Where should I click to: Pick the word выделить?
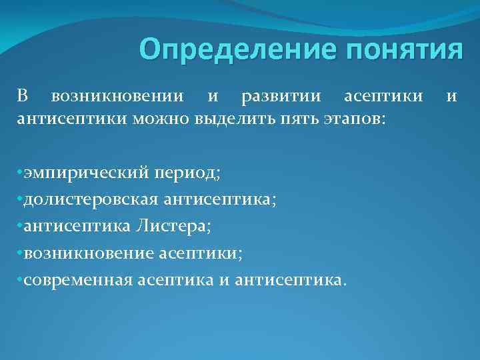227,119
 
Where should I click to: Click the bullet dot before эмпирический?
19,173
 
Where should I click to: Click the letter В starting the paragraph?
22,97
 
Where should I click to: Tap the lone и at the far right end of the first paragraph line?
451,97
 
